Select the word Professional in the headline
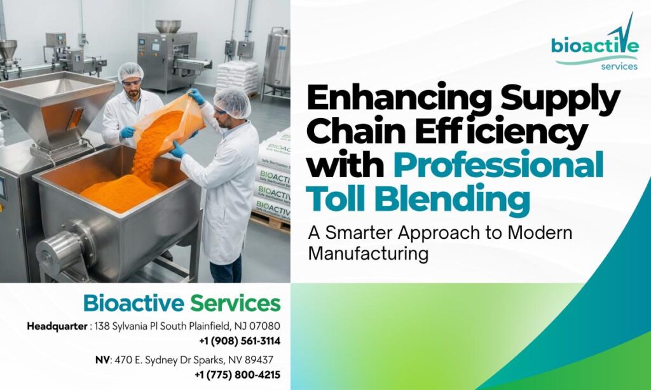pos(497,166)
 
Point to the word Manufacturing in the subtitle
pos(367,254)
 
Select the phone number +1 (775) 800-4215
pos(237,375)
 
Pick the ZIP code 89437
pos(259,360)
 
